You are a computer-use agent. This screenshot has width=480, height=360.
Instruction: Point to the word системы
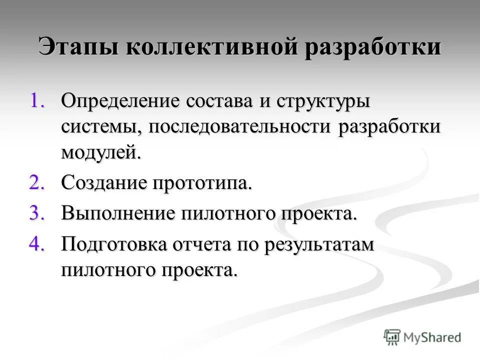(101, 126)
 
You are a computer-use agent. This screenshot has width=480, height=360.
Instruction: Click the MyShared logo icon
(392, 336)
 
